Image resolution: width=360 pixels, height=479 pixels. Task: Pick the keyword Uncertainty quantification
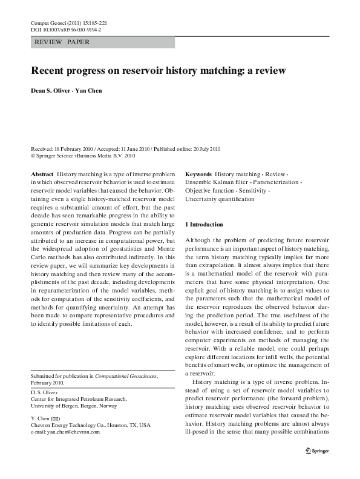tap(220, 198)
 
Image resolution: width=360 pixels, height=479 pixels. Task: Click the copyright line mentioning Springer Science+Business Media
tap(82, 155)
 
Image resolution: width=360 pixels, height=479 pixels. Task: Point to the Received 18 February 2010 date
tap(56, 149)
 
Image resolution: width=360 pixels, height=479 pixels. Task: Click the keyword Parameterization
tap(275, 181)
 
